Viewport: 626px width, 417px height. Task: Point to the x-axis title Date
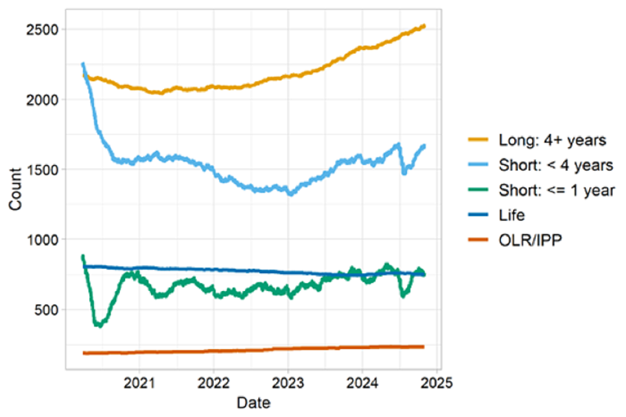[x=253, y=404]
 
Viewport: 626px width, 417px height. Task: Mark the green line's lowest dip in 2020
[x=99, y=325]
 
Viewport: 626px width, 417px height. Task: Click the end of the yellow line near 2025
[x=424, y=26]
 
